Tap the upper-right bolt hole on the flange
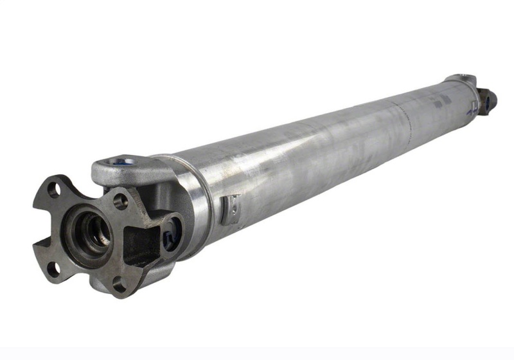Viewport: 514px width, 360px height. point(120,201)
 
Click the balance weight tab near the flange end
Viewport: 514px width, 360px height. point(230,208)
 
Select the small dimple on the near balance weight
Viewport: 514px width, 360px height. point(234,207)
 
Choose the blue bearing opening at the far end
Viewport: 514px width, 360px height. point(490,100)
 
